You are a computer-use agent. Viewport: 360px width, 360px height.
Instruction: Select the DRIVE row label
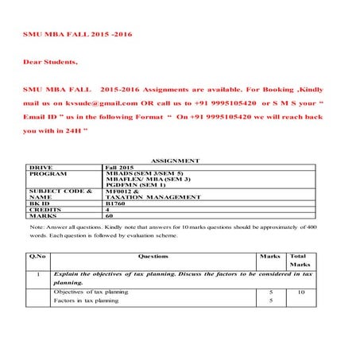[41, 167]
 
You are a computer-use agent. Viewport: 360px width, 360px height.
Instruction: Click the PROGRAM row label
[47, 173]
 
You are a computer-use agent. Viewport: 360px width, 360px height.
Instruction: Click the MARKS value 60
[110, 216]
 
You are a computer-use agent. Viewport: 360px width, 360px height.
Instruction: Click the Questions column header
[153, 257]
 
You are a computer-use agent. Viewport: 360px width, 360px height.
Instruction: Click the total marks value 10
[300, 292]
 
